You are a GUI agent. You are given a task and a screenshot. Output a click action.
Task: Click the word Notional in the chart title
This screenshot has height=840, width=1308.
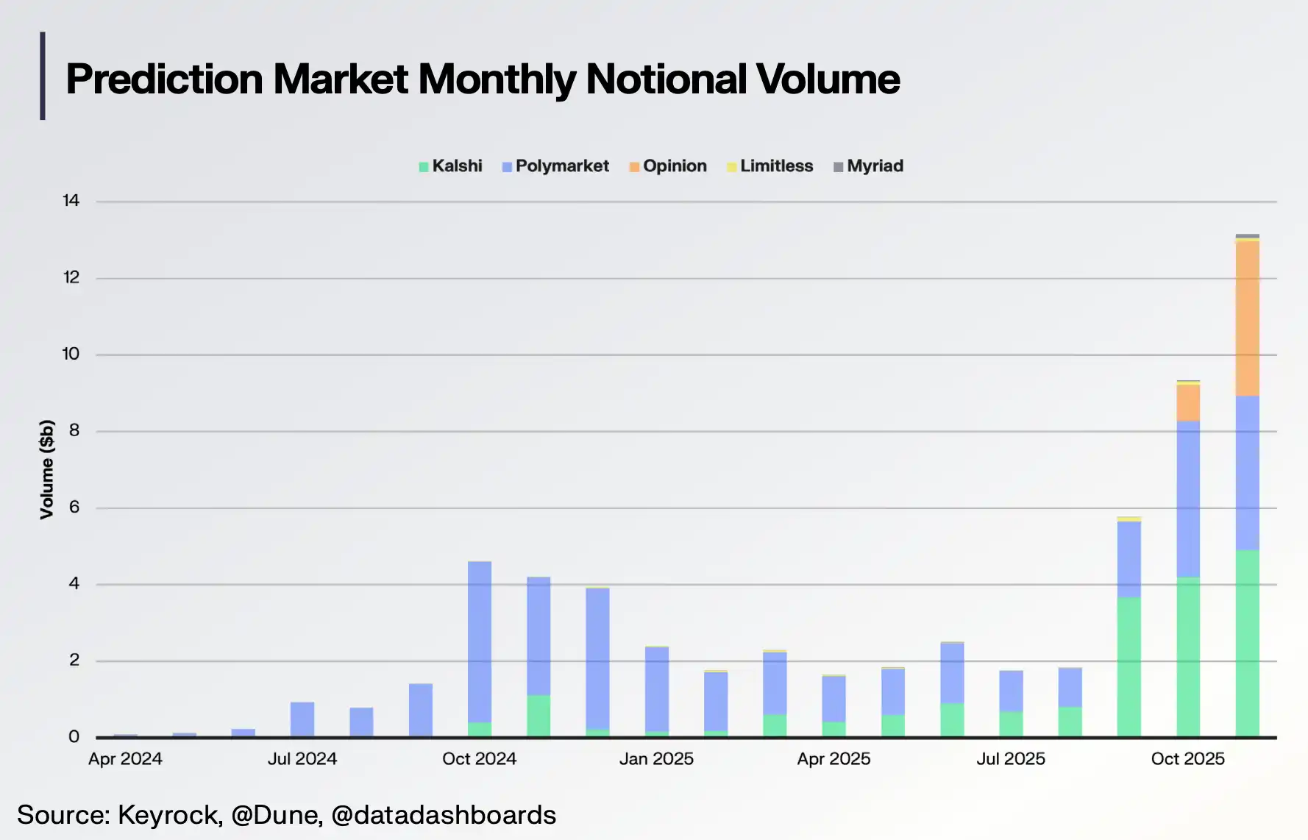pyautogui.click(x=666, y=79)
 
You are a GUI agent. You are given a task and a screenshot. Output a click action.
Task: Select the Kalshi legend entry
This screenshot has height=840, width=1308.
pyautogui.click(x=450, y=166)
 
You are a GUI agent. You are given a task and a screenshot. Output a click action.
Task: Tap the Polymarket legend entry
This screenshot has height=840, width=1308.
pyautogui.click(x=555, y=166)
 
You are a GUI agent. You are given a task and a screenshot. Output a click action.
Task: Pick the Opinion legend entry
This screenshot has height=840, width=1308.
pyautogui.click(x=668, y=166)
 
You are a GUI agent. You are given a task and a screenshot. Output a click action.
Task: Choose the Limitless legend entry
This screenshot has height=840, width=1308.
pyautogui.click(x=770, y=166)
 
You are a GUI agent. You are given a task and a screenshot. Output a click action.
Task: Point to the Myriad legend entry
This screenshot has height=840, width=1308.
pyautogui.click(x=868, y=166)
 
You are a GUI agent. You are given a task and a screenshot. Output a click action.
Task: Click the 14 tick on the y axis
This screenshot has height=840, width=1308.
pyautogui.click(x=71, y=201)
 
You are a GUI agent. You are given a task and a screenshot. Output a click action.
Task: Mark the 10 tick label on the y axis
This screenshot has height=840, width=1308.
pyautogui.click(x=71, y=354)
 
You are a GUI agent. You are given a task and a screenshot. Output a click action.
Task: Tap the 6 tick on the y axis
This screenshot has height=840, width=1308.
pyautogui.click(x=74, y=507)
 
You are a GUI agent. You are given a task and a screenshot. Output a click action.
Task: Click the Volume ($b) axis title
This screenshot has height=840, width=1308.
pyautogui.click(x=47, y=469)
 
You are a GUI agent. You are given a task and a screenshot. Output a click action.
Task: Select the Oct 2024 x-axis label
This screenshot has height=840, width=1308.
pyautogui.click(x=479, y=759)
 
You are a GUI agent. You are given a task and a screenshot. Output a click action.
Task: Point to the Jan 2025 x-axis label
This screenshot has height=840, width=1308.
pyautogui.click(x=656, y=759)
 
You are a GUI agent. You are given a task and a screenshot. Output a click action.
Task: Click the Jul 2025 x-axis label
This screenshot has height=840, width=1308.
pyautogui.click(x=1011, y=759)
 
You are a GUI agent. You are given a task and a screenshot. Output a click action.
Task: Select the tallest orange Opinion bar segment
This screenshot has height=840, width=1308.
pyautogui.click(x=1247, y=318)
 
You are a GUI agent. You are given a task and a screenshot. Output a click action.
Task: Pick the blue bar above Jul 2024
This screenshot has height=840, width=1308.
pyautogui.click(x=302, y=719)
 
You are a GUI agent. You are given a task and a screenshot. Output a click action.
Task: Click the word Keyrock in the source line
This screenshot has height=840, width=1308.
pyautogui.click(x=169, y=815)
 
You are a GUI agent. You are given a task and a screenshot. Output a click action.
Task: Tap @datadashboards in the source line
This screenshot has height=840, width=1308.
pyautogui.click(x=444, y=815)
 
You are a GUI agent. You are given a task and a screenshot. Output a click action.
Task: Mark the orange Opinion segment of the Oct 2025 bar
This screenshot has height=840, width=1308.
pyautogui.click(x=1188, y=403)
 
